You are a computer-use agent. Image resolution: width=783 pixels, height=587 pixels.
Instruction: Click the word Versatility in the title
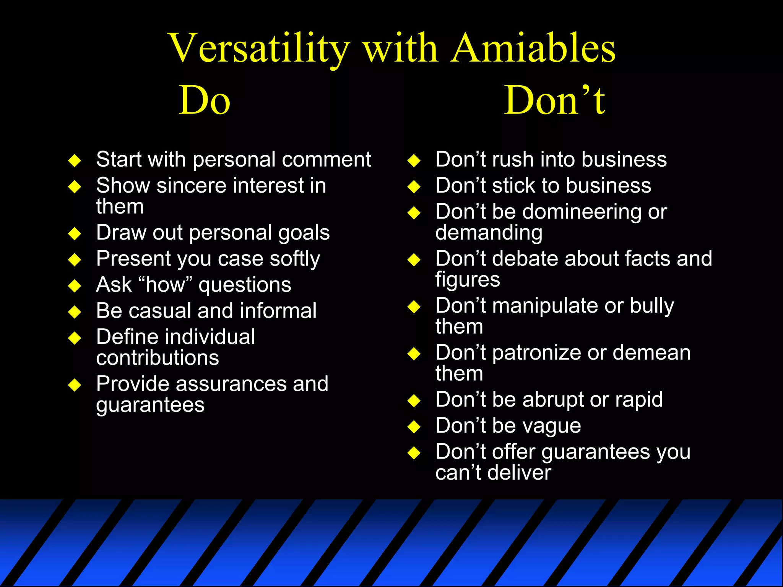pyautogui.click(x=258, y=49)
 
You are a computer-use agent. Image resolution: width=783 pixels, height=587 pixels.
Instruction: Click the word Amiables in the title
pyautogui.click(x=533, y=49)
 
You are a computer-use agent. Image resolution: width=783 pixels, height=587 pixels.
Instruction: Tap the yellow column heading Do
pyautogui.click(x=205, y=101)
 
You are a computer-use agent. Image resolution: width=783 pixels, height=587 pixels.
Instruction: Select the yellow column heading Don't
pyautogui.click(x=554, y=101)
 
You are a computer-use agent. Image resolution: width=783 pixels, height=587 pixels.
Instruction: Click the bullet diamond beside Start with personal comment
pyautogui.click(x=75, y=161)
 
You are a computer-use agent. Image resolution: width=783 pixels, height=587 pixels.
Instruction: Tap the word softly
pyautogui.click(x=295, y=259)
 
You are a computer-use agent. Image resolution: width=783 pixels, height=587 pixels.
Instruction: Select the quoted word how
pyautogui.click(x=165, y=285)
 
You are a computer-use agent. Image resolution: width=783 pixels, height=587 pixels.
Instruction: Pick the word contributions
pyautogui.click(x=158, y=358)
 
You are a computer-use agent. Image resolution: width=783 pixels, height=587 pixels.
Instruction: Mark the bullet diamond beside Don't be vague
pyautogui.click(x=414, y=426)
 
